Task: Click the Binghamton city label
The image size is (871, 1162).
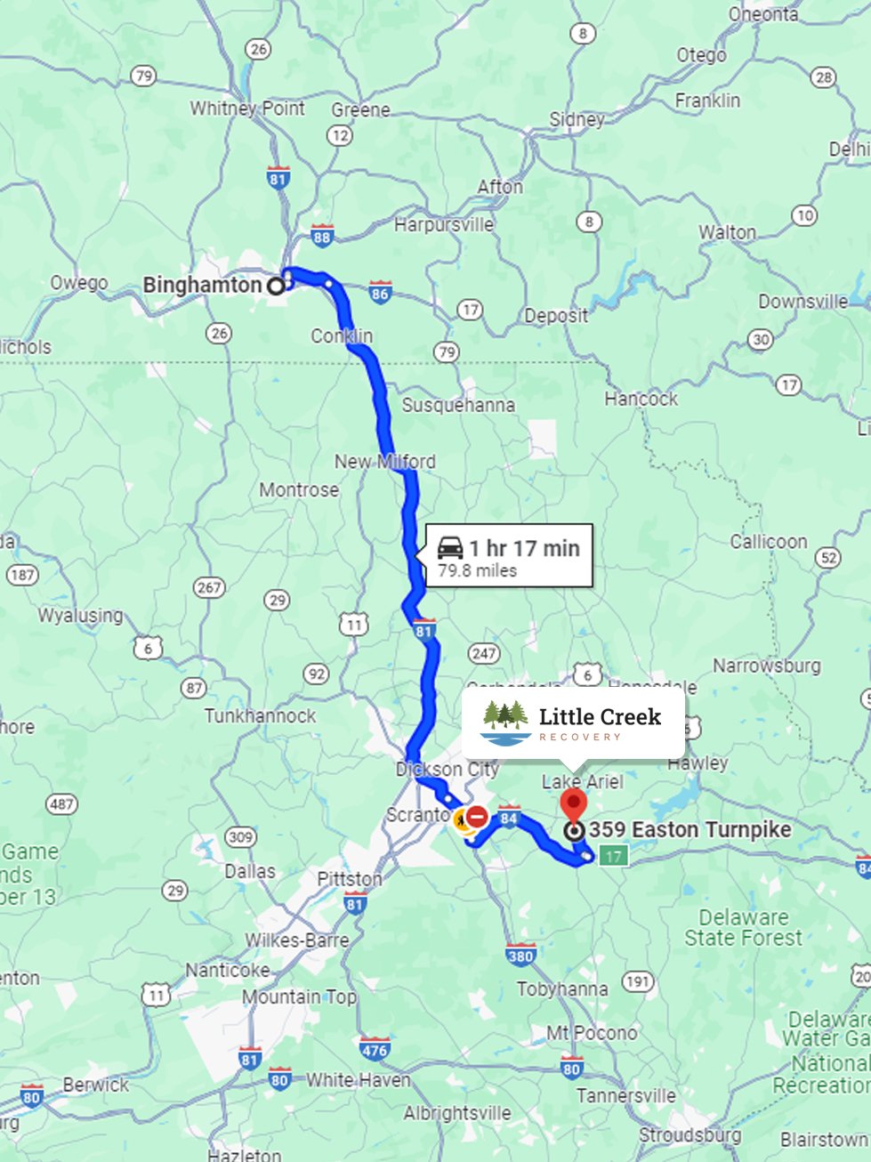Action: click(x=202, y=286)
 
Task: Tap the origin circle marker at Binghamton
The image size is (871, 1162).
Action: click(x=276, y=286)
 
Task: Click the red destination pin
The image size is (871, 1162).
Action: click(x=574, y=803)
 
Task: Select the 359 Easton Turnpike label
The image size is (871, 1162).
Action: click(x=690, y=830)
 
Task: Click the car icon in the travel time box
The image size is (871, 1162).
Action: click(x=450, y=547)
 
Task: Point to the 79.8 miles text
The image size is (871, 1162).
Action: click(x=477, y=571)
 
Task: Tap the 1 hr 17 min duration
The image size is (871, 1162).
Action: click(x=525, y=548)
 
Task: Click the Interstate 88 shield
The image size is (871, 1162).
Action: click(x=322, y=236)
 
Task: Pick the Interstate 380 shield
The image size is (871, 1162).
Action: click(x=520, y=955)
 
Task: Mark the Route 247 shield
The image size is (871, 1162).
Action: click(x=484, y=654)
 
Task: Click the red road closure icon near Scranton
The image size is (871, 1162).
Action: click(x=477, y=816)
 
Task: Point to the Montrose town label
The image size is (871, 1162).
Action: click(x=299, y=490)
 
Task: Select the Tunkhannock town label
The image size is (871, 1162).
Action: click(x=260, y=716)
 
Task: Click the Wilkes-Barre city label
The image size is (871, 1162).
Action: click(x=297, y=940)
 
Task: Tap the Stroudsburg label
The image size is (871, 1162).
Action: click(x=690, y=1135)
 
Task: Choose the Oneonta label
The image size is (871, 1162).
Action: click(x=764, y=13)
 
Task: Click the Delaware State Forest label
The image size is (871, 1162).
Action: click(x=743, y=928)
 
